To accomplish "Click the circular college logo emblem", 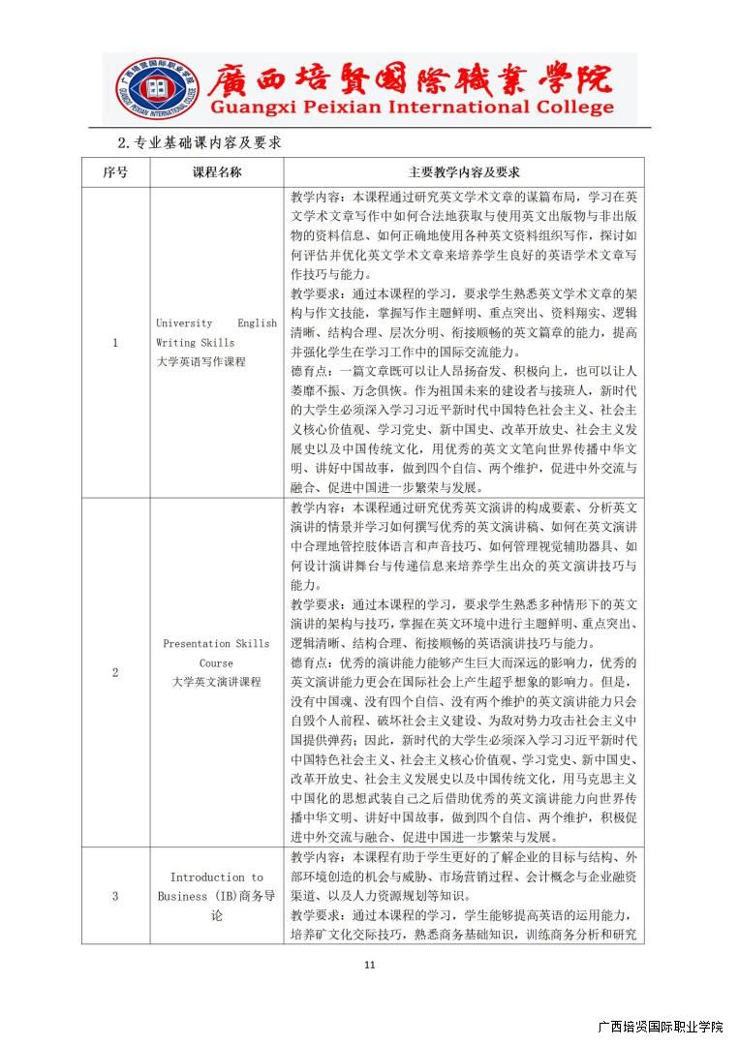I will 156,89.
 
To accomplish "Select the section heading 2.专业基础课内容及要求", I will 199,142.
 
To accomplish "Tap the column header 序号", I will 115,172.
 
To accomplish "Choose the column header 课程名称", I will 217,172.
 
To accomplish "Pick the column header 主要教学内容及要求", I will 464,172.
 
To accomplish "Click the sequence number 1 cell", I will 115,342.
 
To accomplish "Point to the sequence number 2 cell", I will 115,672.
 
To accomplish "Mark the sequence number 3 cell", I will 115,896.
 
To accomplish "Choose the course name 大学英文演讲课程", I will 217,682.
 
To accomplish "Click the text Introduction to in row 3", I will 217,877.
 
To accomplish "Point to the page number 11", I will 369,965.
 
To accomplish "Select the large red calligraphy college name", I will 411,77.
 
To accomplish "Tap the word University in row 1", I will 184,323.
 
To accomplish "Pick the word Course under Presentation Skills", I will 217,662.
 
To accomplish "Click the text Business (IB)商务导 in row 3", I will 217,896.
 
